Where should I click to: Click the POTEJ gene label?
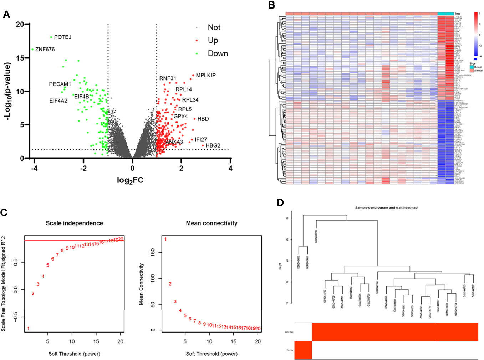[63, 37]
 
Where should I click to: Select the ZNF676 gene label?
[45, 49]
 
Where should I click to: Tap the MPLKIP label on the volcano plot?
[206, 75]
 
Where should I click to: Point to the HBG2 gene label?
[213, 145]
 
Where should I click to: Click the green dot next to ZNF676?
[32, 50]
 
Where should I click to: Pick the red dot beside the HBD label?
[194, 119]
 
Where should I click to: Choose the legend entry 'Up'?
[213, 40]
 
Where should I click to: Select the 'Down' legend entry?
[218, 53]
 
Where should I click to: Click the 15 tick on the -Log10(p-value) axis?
[20, 58]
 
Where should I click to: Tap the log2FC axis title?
[130, 180]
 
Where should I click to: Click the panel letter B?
[272, 5]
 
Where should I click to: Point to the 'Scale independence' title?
[74, 223]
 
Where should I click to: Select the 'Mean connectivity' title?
[212, 223]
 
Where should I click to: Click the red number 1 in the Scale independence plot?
[28, 329]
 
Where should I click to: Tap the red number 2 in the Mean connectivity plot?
[170, 284]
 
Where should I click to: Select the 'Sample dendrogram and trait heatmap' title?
[386, 207]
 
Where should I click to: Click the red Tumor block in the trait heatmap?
[303, 350]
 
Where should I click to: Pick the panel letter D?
[280, 203]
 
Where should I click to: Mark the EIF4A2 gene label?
[58, 101]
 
